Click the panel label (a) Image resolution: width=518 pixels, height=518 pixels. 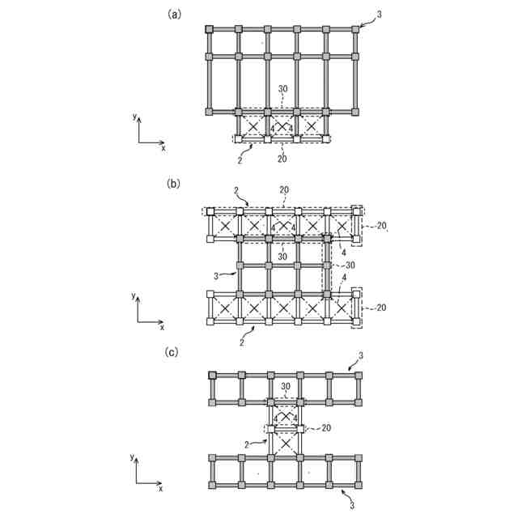[173, 14]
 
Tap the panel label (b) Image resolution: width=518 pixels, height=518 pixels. [173, 184]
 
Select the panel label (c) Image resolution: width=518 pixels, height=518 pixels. [173, 352]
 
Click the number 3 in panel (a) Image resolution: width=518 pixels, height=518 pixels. [380, 15]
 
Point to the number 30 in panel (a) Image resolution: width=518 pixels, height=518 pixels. [282, 88]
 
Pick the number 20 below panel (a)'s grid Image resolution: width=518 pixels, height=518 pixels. [282, 159]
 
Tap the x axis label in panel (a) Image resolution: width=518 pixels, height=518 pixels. [163, 149]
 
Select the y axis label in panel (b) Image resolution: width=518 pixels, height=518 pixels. [134, 297]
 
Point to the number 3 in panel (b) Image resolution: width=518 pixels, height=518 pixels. [215, 276]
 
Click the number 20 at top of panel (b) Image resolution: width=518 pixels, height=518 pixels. [284, 191]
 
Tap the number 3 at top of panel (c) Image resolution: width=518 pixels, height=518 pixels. [360, 355]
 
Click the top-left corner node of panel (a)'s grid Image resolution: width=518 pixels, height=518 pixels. [209, 30]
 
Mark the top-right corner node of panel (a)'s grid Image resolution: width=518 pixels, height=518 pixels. [355, 30]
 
